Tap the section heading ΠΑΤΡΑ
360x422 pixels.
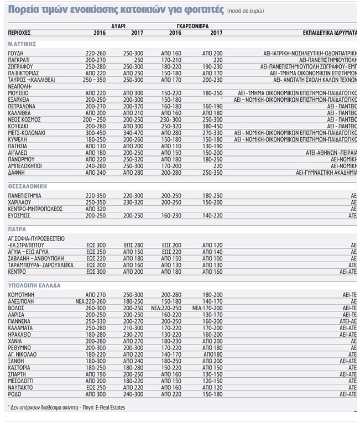17,228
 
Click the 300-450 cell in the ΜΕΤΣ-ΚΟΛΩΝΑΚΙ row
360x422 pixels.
95,133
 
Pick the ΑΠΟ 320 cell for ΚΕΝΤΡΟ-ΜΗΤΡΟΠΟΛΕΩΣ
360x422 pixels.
95,209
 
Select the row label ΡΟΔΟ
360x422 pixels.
15,394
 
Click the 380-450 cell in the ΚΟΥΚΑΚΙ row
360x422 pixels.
213,126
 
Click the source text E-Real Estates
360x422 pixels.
110,408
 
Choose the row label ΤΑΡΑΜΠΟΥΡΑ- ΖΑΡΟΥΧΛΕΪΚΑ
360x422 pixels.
38,265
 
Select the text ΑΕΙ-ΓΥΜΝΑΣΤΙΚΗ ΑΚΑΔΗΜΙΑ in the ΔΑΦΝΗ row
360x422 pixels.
327,173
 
